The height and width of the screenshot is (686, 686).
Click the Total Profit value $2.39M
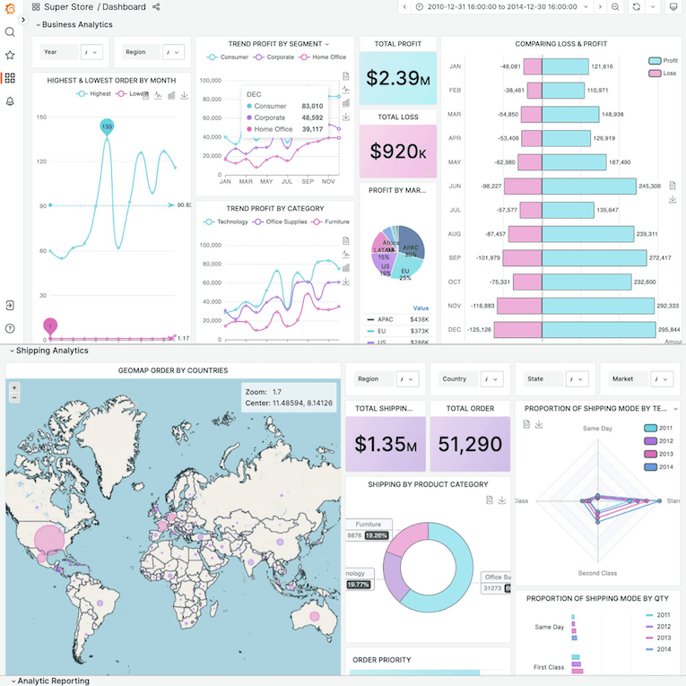point(397,77)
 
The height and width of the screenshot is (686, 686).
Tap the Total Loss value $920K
point(397,152)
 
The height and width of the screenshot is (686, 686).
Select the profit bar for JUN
point(588,186)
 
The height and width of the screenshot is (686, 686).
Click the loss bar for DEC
point(518,329)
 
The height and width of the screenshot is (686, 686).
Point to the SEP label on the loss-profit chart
point(455,257)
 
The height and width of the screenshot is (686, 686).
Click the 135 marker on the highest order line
point(107,127)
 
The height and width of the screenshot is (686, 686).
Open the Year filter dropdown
point(94,52)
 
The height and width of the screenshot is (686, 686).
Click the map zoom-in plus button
point(14,387)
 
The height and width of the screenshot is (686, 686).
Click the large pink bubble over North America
point(51,539)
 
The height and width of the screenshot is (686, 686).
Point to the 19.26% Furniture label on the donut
point(375,535)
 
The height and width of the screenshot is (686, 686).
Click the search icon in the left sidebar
point(10,32)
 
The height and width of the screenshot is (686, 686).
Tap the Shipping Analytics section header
point(52,351)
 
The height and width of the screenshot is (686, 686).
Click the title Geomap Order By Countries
point(173,370)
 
